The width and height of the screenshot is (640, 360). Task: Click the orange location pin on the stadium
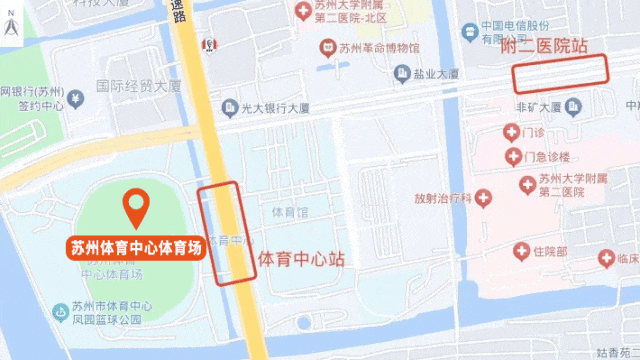click(x=136, y=207)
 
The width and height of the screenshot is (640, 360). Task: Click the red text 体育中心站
click(x=301, y=258)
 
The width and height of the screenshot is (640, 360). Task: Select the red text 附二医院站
click(x=543, y=45)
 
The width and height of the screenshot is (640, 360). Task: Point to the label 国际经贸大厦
click(x=135, y=87)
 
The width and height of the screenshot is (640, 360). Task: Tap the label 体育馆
click(x=290, y=212)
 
